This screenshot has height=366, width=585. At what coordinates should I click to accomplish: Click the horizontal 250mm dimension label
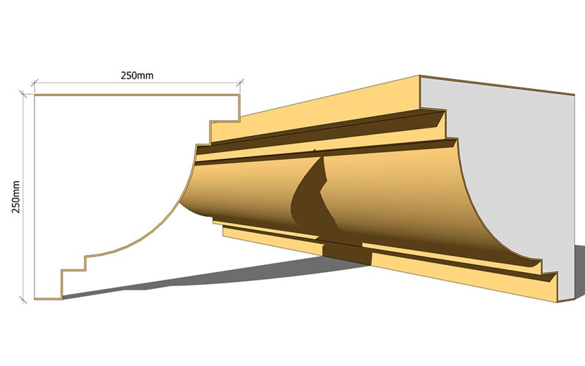[x=137, y=76]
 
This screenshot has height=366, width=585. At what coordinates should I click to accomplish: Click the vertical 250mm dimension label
[x=16, y=197]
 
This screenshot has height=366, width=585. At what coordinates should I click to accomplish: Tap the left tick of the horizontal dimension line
[x=35, y=83]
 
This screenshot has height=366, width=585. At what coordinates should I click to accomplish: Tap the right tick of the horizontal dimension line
[x=240, y=82]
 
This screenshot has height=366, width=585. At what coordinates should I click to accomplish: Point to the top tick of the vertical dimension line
[x=23, y=94]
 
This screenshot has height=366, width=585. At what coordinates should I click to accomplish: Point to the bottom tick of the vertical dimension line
[x=23, y=300]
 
